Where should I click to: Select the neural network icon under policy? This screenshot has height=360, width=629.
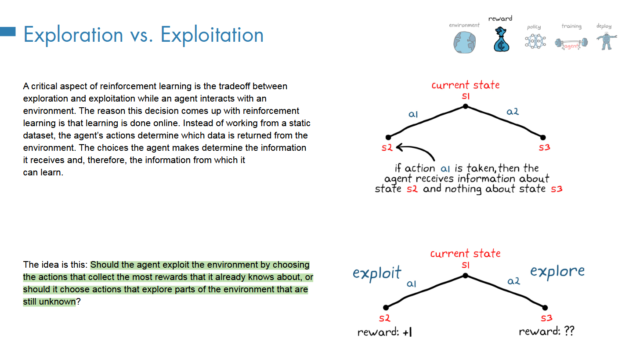coord(535,42)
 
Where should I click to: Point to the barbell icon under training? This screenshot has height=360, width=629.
coord(571,43)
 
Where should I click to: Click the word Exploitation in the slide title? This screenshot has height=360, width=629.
coord(212,35)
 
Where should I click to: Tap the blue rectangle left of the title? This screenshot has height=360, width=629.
coord(8,31)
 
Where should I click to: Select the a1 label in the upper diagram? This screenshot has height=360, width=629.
coord(413,114)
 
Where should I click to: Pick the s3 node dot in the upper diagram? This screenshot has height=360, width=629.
coord(543,137)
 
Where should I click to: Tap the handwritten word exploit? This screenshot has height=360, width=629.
coord(377,273)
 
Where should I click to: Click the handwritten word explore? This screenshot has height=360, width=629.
coord(557,271)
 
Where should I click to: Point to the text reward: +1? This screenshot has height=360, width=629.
coord(385,332)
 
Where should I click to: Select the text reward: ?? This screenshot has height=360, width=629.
coord(546,331)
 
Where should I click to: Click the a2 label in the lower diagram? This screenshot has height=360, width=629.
coord(513,281)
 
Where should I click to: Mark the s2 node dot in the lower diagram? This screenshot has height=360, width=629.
coord(386,307)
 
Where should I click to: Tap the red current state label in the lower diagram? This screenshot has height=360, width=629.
coord(465,254)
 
